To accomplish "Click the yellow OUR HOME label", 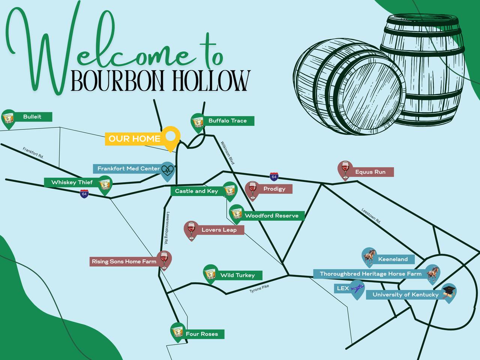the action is (135, 139).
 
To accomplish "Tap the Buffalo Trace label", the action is (228, 121).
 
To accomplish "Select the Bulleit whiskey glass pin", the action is (8, 119).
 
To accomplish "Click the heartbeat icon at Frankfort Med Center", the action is (168, 170).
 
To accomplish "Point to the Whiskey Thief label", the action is (72, 182).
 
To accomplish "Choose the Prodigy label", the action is (274, 189).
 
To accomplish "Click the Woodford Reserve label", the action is (271, 216).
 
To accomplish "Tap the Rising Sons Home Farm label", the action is (124, 261).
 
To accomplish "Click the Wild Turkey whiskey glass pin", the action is (210, 274).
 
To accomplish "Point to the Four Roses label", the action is (202, 334).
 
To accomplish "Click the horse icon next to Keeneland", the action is (369, 256).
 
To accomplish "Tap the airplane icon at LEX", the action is (357, 288).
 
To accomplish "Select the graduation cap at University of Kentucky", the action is (449, 292).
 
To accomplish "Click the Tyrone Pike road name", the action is (259, 289).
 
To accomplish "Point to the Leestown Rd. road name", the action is (371, 216).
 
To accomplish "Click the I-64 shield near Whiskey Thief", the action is (84, 194).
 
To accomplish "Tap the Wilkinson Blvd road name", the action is (228, 153).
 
